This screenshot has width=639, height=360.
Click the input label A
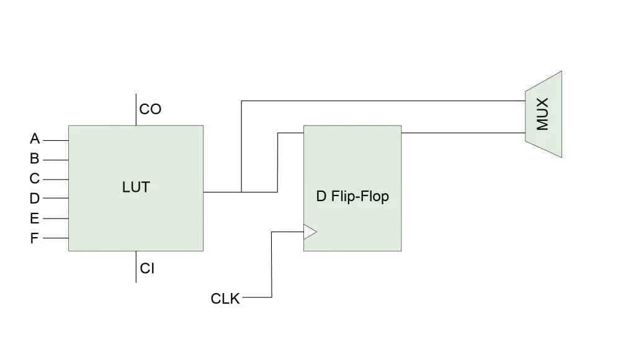pyautogui.click(x=35, y=138)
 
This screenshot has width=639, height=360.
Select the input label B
pyautogui.click(x=35, y=158)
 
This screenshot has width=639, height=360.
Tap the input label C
pyautogui.click(x=35, y=178)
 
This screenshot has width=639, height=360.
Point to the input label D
pyautogui.click(x=35, y=199)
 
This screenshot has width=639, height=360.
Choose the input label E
pyautogui.click(x=35, y=218)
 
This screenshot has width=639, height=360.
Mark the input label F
pyautogui.click(x=35, y=238)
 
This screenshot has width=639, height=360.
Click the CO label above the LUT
pyautogui.click(x=150, y=109)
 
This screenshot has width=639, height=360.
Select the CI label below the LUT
pyautogui.click(x=147, y=269)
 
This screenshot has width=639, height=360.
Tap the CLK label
pyautogui.click(x=225, y=299)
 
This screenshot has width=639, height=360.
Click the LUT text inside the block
pyautogui.click(x=136, y=187)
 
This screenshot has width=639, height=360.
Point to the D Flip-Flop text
pyautogui.click(x=352, y=197)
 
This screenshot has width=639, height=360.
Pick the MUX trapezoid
pyautogui.click(x=543, y=114)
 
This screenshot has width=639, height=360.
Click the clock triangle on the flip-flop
pyautogui.click(x=310, y=232)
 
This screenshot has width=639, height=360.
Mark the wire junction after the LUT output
pyautogui.click(x=241, y=192)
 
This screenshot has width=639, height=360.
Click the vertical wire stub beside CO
pyautogui.click(x=136, y=110)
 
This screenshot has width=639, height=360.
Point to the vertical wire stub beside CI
pyautogui.click(x=136, y=267)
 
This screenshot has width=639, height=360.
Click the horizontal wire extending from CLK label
pyautogui.click(x=256, y=297)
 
